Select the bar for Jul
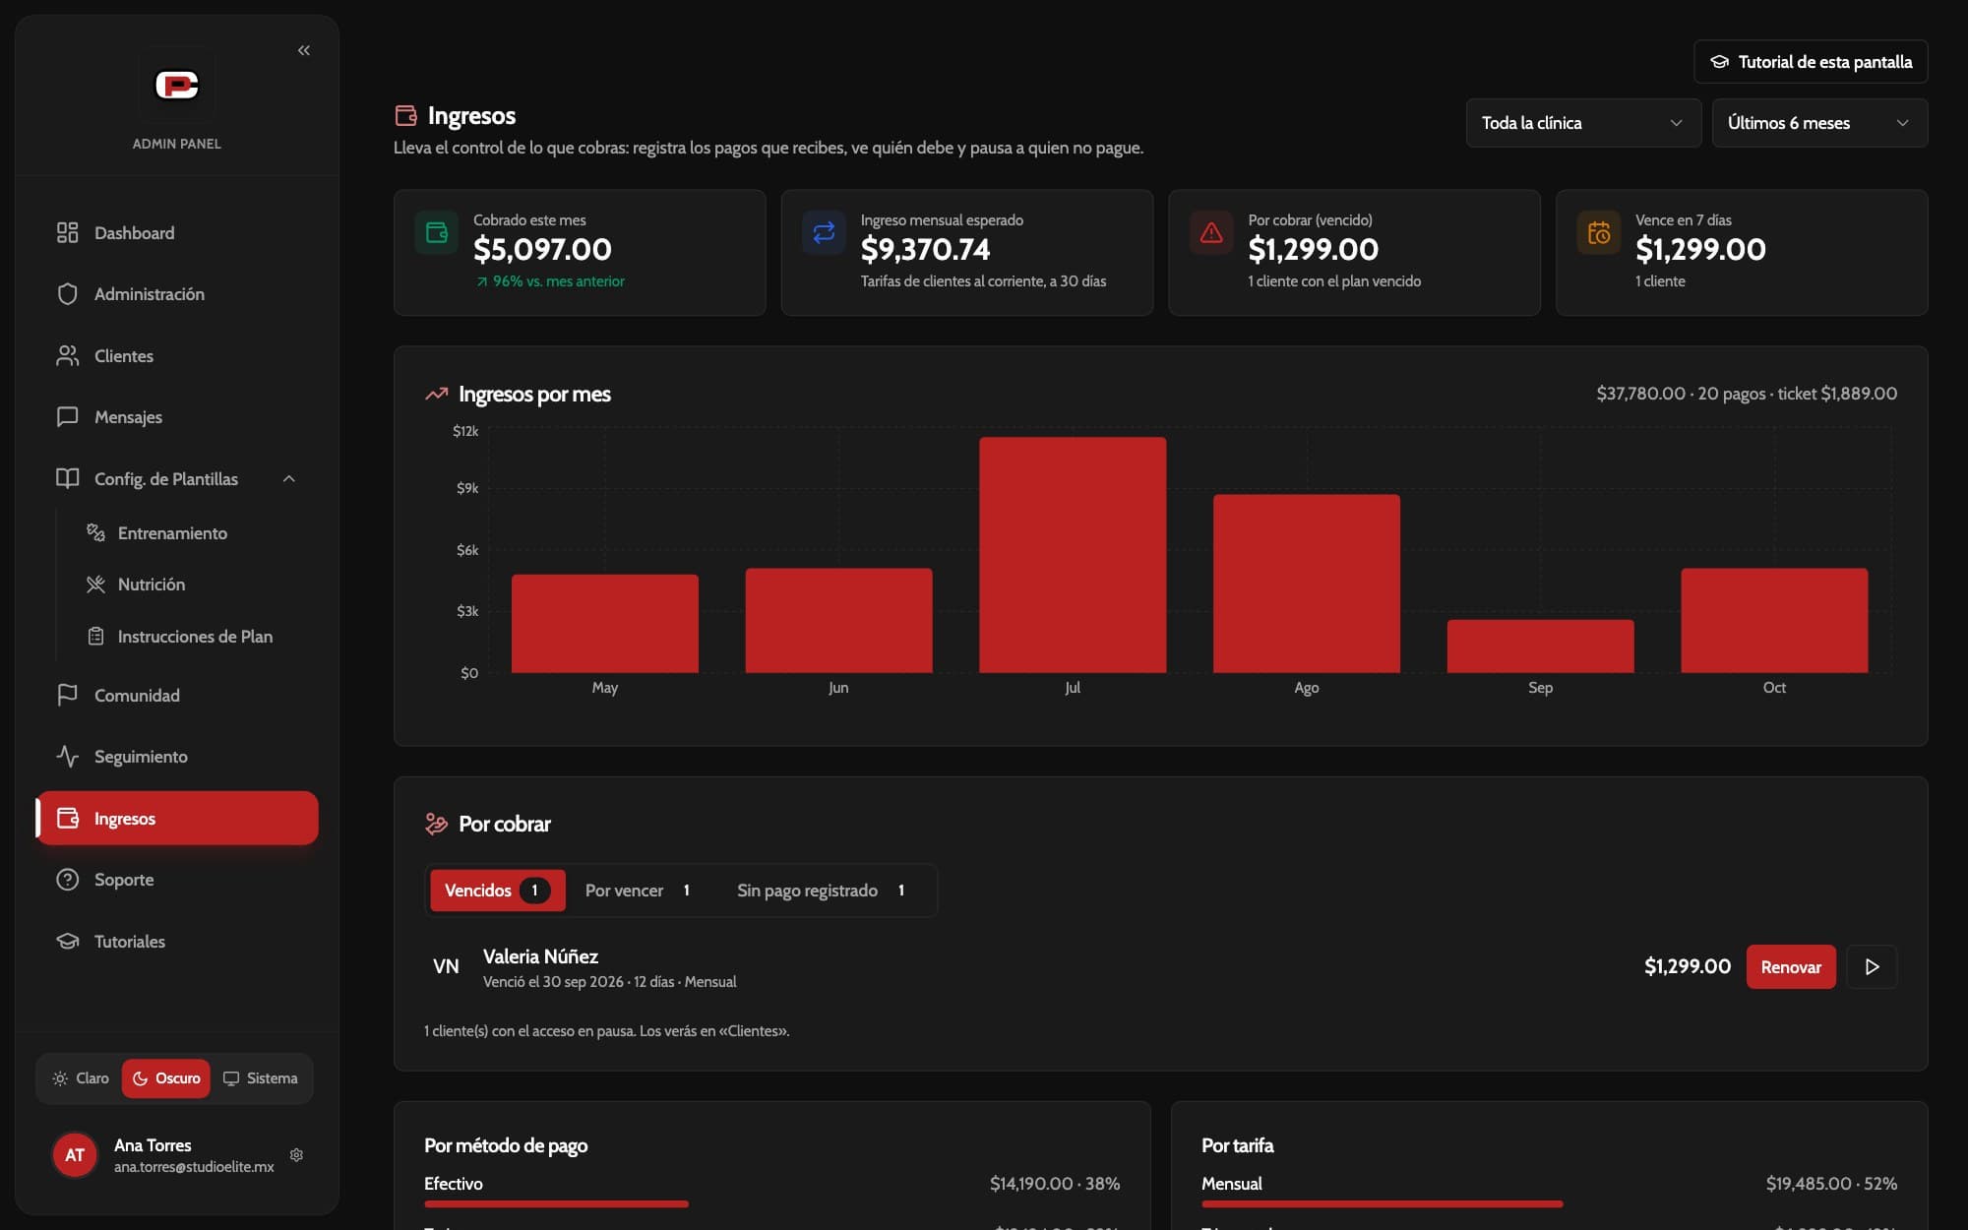point(1073,555)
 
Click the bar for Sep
point(1540,646)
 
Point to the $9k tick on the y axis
point(467,488)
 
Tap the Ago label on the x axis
point(1306,688)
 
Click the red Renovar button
point(1791,966)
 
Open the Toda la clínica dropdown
point(1583,123)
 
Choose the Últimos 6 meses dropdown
point(1819,123)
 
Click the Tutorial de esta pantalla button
point(1811,62)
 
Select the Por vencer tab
point(638,891)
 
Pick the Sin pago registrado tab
point(821,891)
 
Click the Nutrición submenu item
point(152,584)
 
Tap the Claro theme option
point(81,1078)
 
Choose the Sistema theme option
point(261,1078)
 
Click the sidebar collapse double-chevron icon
point(304,50)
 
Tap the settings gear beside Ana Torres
point(296,1155)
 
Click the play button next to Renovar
point(1872,966)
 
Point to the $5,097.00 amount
point(542,250)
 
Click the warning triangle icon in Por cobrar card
point(1211,233)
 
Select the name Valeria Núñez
point(540,956)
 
